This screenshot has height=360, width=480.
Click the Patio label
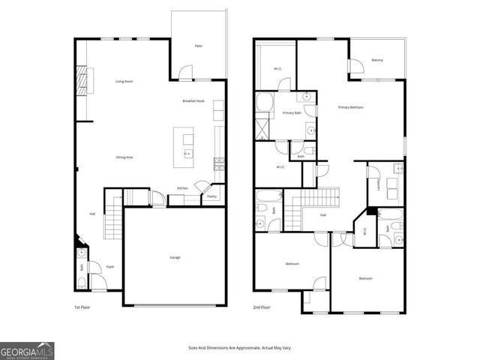click(199, 46)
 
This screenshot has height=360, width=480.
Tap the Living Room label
click(124, 81)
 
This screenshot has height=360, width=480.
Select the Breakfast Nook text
click(193, 100)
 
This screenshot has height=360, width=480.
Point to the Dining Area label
click(124, 157)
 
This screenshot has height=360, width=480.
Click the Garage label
click(174, 257)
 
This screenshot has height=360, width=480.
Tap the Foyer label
click(109, 266)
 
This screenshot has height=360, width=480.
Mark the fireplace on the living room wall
click(82, 78)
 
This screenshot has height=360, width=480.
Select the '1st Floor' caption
click(82, 307)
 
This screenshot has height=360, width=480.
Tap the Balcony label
click(377, 60)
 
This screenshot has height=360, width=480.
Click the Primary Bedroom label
click(350, 107)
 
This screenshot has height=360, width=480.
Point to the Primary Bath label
click(292, 112)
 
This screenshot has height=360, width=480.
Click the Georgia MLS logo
click(27, 350)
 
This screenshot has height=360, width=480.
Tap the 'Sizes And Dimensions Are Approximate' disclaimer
click(239, 348)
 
